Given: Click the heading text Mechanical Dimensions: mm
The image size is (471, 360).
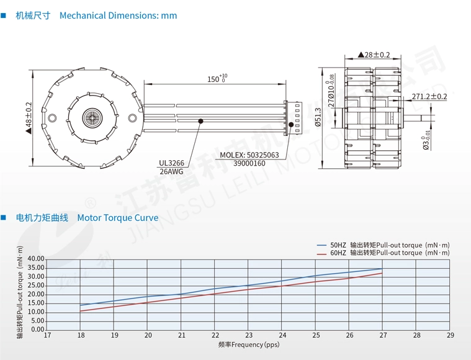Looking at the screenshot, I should pyautogui.click(x=118, y=16).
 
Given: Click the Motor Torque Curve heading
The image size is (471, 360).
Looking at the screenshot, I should pyautogui.click(x=117, y=218).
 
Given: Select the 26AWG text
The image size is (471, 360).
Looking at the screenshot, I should pyautogui.click(x=171, y=172).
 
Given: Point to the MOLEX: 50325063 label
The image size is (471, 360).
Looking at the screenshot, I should pyautogui.click(x=249, y=155).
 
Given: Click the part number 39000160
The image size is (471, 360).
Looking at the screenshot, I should pyautogui.click(x=249, y=164).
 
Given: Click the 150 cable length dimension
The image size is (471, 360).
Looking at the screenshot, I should pyautogui.click(x=214, y=79).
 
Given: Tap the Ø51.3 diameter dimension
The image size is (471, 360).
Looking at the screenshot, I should pyautogui.click(x=318, y=117).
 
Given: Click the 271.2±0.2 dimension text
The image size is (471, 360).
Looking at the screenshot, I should pyautogui.click(x=429, y=96).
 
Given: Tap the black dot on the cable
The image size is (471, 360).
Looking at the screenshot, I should pyautogui.click(x=201, y=122).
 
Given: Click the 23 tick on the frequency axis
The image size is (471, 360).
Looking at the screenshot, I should pyautogui.click(x=249, y=336).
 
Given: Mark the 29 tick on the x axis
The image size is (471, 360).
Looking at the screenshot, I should pyautogui.click(x=450, y=336).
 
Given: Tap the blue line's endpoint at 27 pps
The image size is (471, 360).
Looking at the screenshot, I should pyautogui.click(x=383, y=269).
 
